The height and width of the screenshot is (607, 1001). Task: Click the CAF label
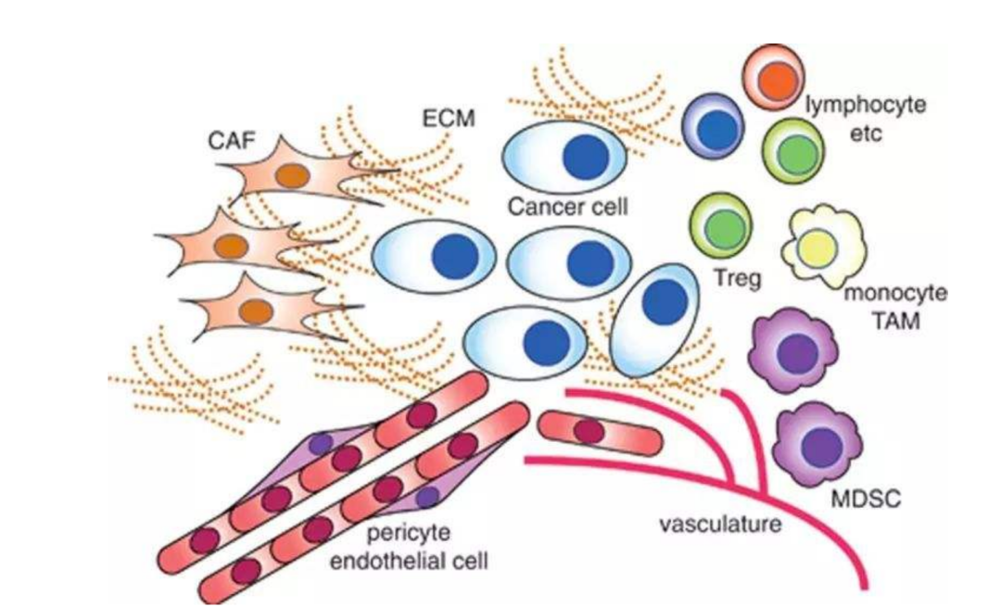pos(231,140)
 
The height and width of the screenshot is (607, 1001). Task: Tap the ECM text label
pos(449,118)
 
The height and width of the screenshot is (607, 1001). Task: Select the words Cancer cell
pos(567,207)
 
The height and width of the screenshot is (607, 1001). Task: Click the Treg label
pos(738,278)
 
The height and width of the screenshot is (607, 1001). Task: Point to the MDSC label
pos(866,499)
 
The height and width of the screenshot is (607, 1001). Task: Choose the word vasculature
pos(720,524)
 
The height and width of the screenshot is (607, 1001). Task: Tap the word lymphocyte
pos(865,105)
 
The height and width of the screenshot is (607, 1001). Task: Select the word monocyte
pos(895,293)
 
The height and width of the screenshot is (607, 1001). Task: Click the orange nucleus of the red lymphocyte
pos(778,82)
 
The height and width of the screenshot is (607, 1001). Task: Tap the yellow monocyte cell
pos(824,246)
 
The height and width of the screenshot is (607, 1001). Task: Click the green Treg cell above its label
pos(722,225)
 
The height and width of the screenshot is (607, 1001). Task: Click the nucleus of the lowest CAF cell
pos(257,311)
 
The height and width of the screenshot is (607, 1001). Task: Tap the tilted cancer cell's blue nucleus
pos(665,301)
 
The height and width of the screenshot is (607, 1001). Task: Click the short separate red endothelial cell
pos(600,434)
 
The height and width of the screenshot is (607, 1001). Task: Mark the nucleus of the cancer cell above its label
pos(586,157)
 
